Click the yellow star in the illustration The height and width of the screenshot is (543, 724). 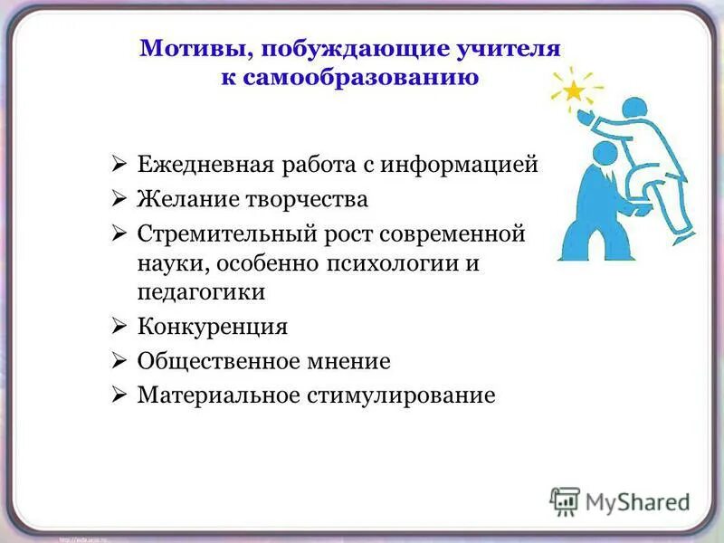[572, 90]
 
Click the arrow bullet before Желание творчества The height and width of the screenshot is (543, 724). [119, 199]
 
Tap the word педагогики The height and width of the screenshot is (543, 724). [201, 292]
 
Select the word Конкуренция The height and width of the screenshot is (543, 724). [212, 327]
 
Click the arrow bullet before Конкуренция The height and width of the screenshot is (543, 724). [119, 327]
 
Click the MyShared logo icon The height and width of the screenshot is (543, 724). [565, 500]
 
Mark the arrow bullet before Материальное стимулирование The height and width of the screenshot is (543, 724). [119, 395]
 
